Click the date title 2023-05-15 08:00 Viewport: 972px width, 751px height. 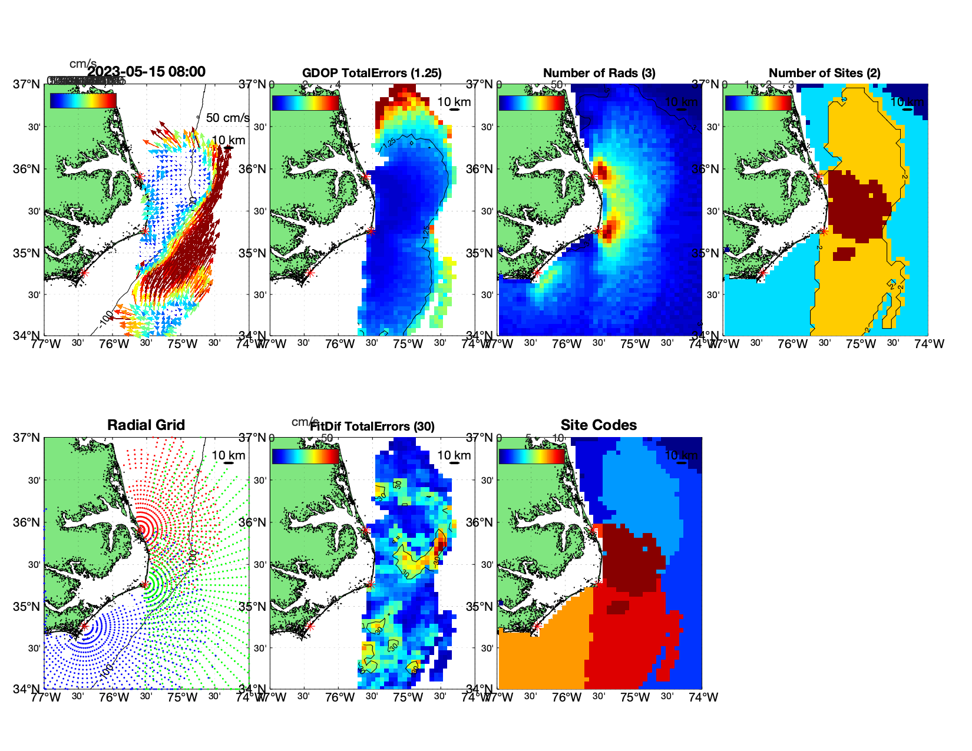point(146,72)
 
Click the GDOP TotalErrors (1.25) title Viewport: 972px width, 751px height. point(372,73)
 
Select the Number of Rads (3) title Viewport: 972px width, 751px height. point(599,73)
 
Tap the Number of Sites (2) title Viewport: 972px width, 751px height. point(825,73)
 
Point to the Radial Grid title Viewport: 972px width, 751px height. point(146,425)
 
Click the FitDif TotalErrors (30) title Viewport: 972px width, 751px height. point(372,426)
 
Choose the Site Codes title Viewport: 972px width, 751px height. point(599,425)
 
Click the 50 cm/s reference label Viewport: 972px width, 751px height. point(227,118)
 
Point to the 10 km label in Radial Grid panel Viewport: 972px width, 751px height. point(228,455)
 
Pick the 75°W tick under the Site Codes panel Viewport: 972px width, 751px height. point(635,697)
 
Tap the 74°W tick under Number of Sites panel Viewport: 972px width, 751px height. point(929,344)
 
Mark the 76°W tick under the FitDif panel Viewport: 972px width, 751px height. point(340,697)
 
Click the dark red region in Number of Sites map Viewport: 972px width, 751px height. point(858,206)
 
